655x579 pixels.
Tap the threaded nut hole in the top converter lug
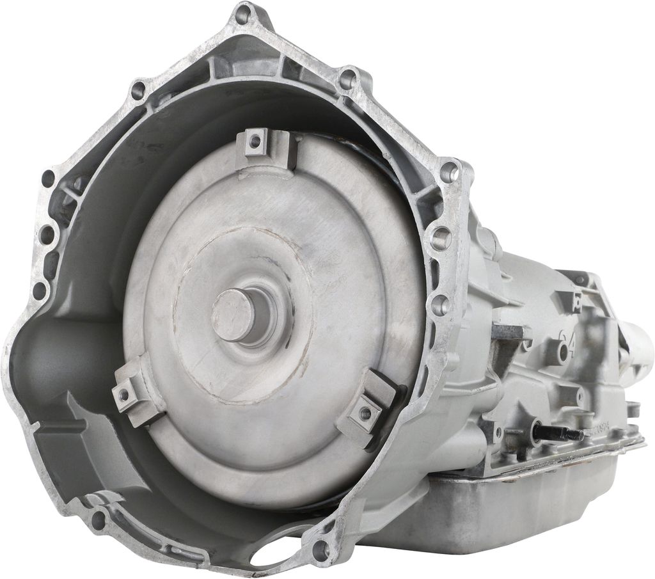pos(255,140)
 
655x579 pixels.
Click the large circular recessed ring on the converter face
pos(243,313)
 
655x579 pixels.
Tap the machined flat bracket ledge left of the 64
pos(509,332)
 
